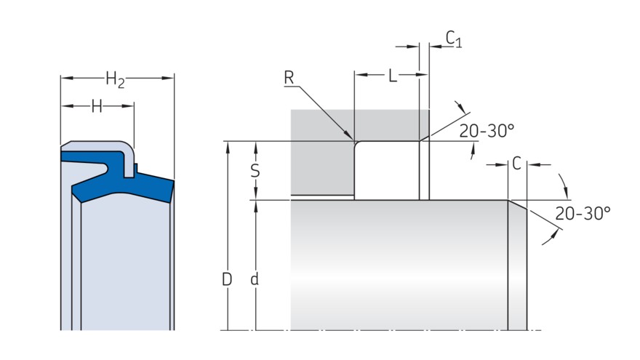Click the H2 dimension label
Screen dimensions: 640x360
click(x=115, y=79)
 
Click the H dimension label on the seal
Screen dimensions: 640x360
click(x=96, y=106)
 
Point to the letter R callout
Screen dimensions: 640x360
click(x=289, y=78)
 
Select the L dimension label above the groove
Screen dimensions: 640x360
click(x=393, y=76)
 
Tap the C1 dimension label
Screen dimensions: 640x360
click(x=454, y=39)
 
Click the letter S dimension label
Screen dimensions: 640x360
click(x=255, y=171)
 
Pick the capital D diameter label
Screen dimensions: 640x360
click(x=227, y=279)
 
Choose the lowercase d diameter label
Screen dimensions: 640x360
click(x=255, y=279)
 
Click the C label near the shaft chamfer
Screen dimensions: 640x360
click(x=516, y=164)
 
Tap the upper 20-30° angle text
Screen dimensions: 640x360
click(x=487, y=131)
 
